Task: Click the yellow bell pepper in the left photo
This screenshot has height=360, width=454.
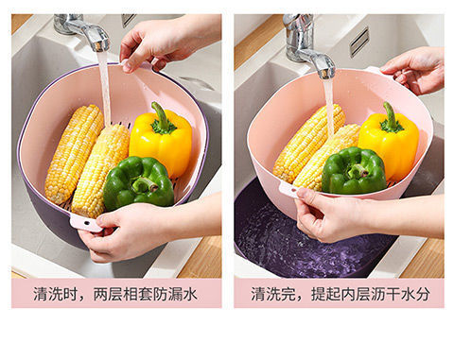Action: click(162, 140)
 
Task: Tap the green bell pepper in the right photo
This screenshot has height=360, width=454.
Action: click(354, 171)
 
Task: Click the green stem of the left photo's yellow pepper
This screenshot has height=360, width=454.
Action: click(161, 116)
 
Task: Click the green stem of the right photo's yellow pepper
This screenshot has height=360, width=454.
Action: click(389, 116)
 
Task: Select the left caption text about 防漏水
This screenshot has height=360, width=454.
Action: click(116, 294)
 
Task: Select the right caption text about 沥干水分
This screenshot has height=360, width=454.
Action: click(340, 294)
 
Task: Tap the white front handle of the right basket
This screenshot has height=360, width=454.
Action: click(289, 189)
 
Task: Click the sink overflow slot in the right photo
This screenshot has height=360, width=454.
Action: click(358, 41)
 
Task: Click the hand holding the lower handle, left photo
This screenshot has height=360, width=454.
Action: click(132, 231)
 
